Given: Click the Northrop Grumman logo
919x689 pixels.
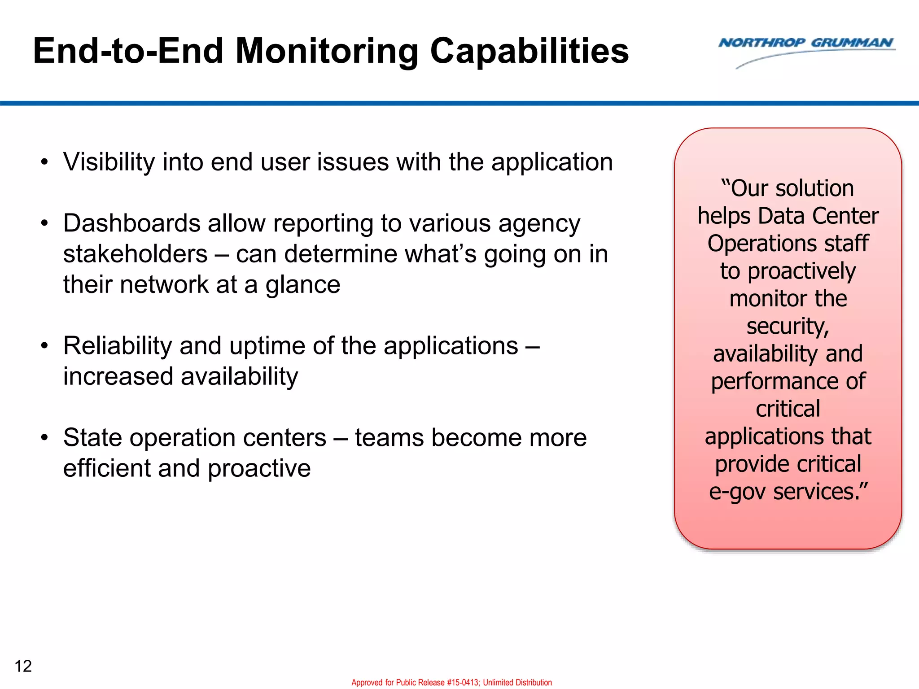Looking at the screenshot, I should tap(806, 50).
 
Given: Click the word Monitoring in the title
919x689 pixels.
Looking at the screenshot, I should tap(327, 51).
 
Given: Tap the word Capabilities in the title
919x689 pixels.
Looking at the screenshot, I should tap(530, 51).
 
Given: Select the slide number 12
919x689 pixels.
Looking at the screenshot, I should tap(23, 666).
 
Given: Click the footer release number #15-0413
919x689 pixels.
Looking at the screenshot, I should tap(463, 682).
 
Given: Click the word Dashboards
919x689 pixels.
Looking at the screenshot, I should tap(131, 223).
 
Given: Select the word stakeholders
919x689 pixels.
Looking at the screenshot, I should tap(135, 254).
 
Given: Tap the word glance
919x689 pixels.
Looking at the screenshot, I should tap(303, 284).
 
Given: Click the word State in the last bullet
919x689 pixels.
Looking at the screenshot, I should tap(92, 437).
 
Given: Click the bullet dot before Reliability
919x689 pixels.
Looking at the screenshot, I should tap(44, 346).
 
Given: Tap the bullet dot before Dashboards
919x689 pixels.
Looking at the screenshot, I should tap(44, 223).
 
